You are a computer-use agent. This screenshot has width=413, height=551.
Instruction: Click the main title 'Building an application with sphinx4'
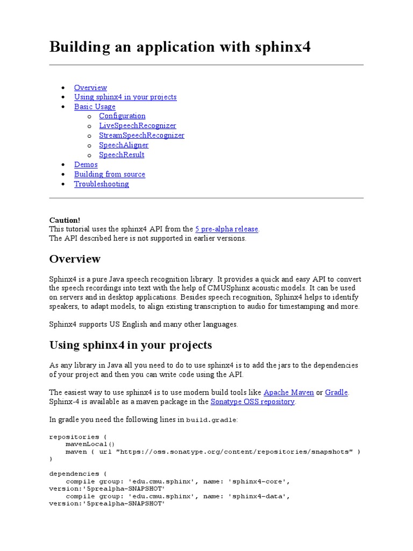click(180, 47)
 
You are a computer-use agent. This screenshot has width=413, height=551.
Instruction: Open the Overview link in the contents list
click(90, 88)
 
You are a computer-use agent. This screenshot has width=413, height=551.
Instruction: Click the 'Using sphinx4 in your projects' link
click(125, 97)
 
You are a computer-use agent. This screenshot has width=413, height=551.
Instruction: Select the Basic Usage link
click(95, 107)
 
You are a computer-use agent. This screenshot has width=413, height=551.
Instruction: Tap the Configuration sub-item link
click(122, 116)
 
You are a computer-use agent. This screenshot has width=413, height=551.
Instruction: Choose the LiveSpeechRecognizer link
click(137, 126)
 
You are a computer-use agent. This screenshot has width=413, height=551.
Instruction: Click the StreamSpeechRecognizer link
click(141, 136)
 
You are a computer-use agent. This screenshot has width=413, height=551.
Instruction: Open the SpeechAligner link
click(124, 145)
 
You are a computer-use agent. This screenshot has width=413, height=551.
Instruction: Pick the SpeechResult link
click(122, 155)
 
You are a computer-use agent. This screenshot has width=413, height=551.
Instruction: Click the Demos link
click(86, 165)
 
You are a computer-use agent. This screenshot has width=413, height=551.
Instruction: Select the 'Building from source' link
click(110, 174)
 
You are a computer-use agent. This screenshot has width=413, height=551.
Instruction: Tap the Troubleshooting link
click(102, 184)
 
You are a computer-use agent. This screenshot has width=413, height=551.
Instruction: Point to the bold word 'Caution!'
click(65, 220)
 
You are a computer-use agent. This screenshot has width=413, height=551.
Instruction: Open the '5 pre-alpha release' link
click(226, 229)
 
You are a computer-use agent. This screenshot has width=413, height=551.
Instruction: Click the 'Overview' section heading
click(75, 259)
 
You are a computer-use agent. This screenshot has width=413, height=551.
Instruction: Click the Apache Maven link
click(288, 392)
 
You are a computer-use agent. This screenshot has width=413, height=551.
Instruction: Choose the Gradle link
click(337, 392)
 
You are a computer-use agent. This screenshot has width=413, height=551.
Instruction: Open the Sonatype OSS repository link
click(253, 402)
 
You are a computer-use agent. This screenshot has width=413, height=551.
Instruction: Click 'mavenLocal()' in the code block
click(90, 444)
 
